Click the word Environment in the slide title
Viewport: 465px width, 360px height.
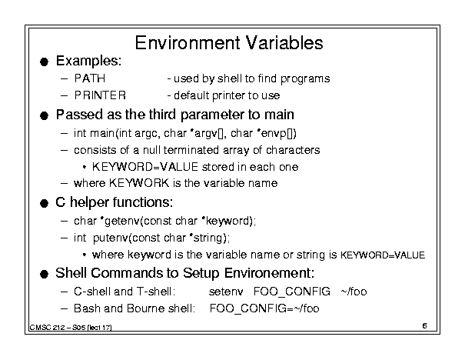[x=188, y=43]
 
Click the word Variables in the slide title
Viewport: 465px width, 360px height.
[x=284, y=43]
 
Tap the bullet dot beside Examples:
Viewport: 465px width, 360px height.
[x=44, y=62]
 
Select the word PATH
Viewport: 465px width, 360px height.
[x=90, y=78]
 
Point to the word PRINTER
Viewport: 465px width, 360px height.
[x=100, y=95]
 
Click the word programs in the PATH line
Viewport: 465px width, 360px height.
[x=305, y=79]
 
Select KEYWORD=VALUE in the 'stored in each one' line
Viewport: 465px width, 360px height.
[x=145, y=167]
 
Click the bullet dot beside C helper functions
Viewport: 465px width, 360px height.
[x=44, y=204]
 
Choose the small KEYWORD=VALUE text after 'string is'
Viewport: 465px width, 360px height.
[x=383, y=255]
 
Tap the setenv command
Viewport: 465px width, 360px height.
[x=226, y=292]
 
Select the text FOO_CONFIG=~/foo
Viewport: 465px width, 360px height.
[x=264, y=308]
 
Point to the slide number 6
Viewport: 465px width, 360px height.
[x=424, y=326]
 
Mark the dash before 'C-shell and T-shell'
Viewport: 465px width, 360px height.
[x=64, y=292]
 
